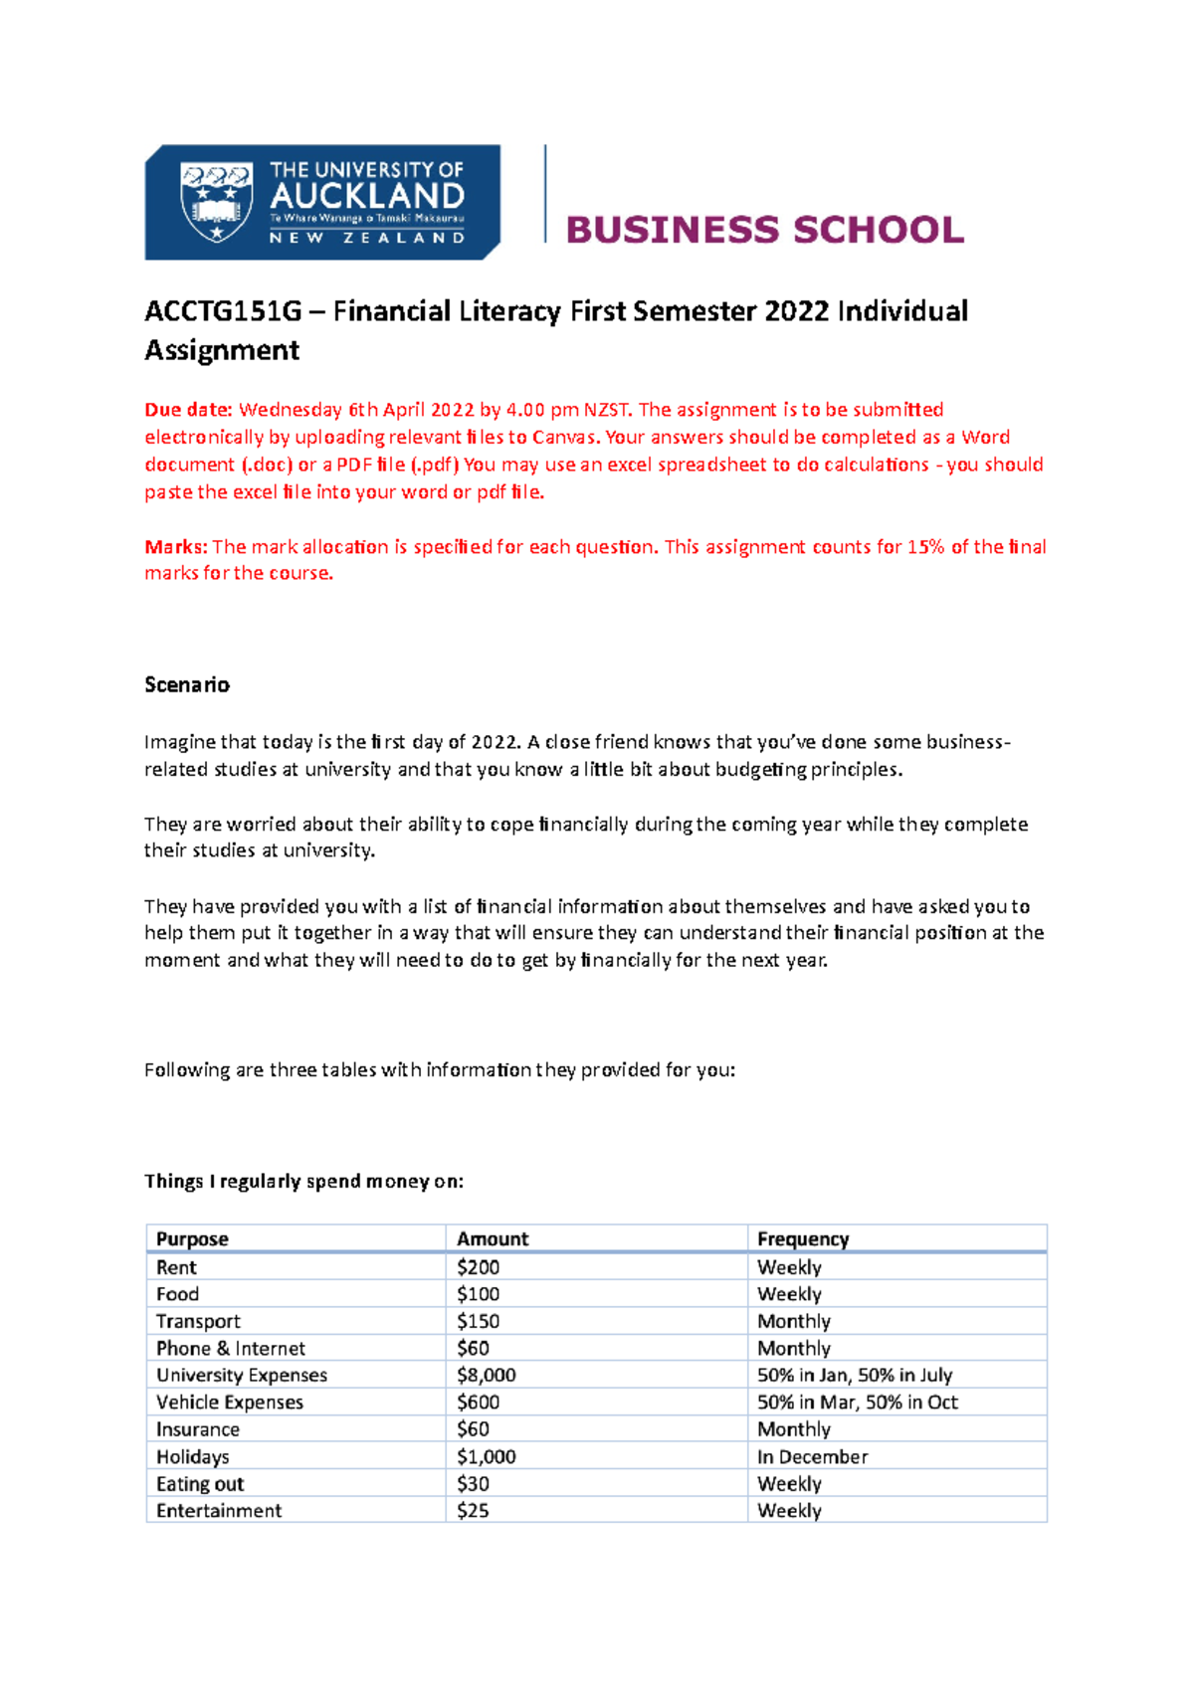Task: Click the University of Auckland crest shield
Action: [x=215, y=203]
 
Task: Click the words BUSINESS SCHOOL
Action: [x=764, y=230]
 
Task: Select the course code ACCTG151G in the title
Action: [x=223, y=311]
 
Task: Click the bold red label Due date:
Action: [x=188, y=410]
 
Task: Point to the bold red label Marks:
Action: [x=175, y=547]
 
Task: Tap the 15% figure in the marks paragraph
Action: [x=925, y=547]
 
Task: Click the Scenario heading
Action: [x=187, y=684]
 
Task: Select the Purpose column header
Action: [x=192, y=1238]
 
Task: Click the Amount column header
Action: [x=493, y=1238]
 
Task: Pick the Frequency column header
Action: [x=803, y=1238]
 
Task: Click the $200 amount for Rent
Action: [x=479, y=1267]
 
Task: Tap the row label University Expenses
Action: [x=242, y=1375]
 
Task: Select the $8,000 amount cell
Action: [x=487, y=1375]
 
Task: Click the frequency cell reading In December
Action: [x=813, y=1456]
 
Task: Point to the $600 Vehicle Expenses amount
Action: [x=479, y=1402]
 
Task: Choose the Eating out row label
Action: [x=200, y=1483]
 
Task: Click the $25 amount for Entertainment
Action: [x=474, y=1510]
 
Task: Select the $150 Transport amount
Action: [x=479, y=1321]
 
